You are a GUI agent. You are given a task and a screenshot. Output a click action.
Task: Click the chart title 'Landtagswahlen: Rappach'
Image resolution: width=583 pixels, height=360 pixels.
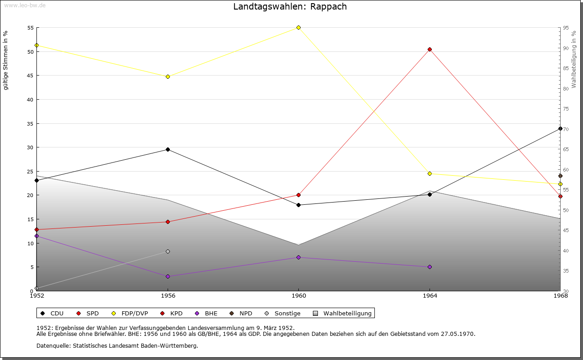click(290, 6)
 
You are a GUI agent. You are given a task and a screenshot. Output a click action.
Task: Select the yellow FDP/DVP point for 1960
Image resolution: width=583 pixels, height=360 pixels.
click(298, 27)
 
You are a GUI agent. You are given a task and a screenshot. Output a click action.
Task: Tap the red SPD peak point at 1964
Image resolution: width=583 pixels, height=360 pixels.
click(430, 49)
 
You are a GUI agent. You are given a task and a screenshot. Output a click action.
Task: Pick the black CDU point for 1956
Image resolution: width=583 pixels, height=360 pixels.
click(168, 149)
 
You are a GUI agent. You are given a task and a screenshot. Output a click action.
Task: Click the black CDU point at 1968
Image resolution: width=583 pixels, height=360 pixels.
click(560, 128)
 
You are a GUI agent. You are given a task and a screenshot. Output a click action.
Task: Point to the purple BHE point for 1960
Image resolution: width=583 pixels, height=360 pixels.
click(298, 257)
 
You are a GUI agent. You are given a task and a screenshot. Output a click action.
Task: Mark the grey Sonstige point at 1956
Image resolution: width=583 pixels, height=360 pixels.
click(168, 251)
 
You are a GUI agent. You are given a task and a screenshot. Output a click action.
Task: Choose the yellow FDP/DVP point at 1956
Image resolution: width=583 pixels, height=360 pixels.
click(168, 76)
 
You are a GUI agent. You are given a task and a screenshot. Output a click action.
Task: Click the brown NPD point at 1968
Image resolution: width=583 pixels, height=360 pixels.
click(560, 176)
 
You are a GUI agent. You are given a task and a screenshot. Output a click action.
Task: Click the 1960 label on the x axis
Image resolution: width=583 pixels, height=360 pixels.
click(298, 296)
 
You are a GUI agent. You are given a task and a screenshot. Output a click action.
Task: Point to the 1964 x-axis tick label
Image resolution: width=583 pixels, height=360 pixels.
click(430, 296)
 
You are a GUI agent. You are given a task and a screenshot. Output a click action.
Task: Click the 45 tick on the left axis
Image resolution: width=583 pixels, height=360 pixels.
click(31, 76)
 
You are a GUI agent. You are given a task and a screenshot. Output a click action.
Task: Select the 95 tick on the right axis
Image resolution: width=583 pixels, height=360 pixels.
click(565, 28)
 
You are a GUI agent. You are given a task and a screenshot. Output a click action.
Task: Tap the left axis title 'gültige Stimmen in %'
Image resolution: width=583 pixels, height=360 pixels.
click(6, 60)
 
